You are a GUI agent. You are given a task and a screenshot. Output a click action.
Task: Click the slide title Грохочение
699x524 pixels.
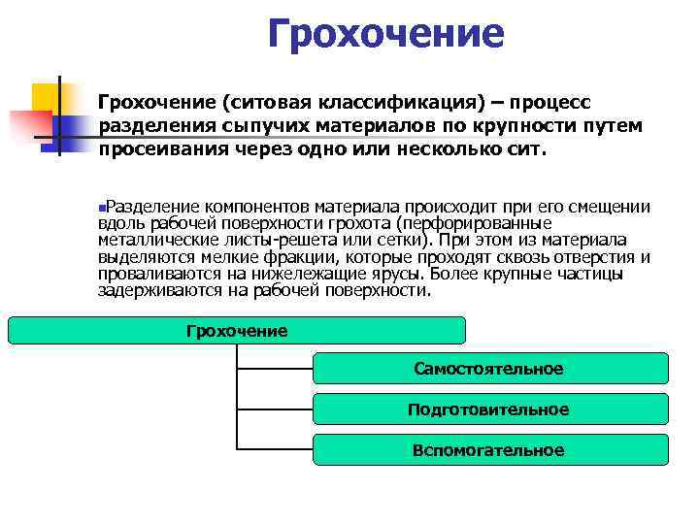[x=386, y=35]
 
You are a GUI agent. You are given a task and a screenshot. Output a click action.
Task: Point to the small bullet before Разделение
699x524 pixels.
[x=101, y=208]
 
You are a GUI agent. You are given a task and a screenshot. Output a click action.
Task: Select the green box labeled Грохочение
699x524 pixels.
[x=237, y=331]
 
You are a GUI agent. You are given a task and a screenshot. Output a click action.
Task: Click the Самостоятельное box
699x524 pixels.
[x=489, y=369]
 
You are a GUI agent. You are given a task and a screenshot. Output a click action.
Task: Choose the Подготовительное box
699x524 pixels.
[x=489, y=409]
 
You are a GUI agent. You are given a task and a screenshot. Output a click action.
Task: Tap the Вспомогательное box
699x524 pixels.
[x=489, y=450]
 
